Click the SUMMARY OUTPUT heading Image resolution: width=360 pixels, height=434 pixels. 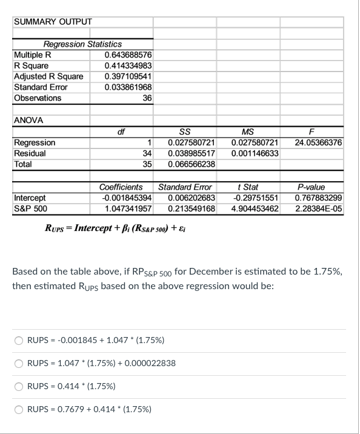click(x=52, y=22)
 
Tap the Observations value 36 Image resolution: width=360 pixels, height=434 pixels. click(x=147, y=98)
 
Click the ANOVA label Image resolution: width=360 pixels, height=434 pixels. click(x=28, y=120)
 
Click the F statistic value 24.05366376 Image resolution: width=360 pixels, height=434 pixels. click(x=317, y=142)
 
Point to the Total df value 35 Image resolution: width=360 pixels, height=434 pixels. click(x=146, y=164)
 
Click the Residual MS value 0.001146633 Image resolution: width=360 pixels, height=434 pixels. click(x=254, y=153)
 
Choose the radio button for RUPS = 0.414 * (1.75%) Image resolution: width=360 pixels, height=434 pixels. click(x=19, y=385)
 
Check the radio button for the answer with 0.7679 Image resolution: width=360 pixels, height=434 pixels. click(x=19, y=409)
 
